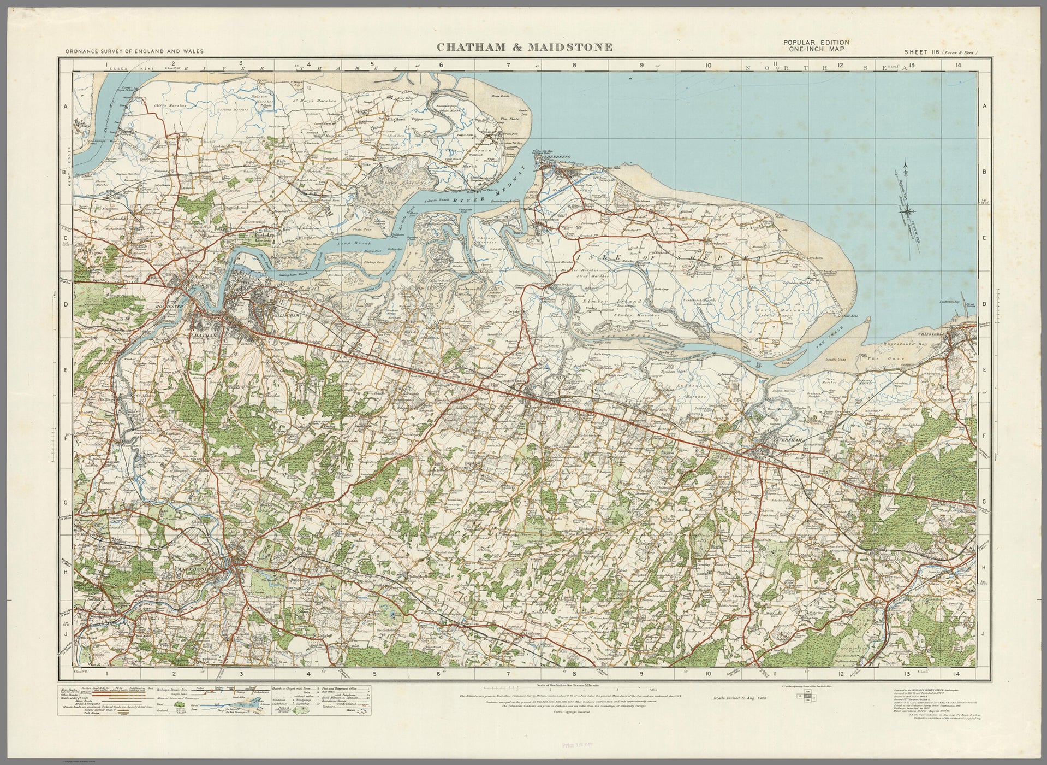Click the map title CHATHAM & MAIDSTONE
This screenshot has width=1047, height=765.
524,48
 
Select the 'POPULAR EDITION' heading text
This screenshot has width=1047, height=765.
816,43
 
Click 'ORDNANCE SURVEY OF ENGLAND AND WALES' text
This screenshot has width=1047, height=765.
134,51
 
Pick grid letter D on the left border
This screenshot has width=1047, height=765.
65,304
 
